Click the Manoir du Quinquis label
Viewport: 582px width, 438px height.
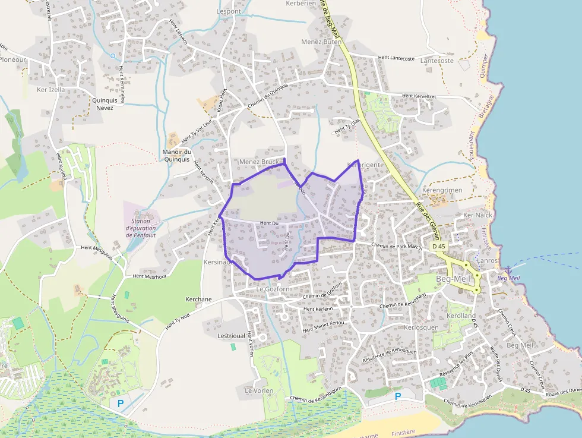(x=176, y=155)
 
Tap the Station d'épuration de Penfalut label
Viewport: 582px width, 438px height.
(x=141, y=228)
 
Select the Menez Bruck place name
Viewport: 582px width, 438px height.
(x=259, y=162)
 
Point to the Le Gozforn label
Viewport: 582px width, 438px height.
(x=273, y=289)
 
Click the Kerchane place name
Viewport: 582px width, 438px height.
(x=198, y=300)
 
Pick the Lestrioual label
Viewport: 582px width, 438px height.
(x=232, y=336)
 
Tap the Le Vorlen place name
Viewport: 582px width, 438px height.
(x=258, y=390)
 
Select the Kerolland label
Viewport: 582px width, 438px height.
(x=461, y=316)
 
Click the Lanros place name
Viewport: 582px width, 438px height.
(x=488, y=260)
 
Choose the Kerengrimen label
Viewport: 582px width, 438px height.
(x=441, y=190)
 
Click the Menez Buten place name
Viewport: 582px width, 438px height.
(x=321, y=42)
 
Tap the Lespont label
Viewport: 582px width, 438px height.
(x=229, y=11)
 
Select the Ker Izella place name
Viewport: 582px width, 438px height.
(x=51, y=90)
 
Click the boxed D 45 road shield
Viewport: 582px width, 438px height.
(x=439, y=246)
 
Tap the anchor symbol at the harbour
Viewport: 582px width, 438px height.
(x=508, y=269)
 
